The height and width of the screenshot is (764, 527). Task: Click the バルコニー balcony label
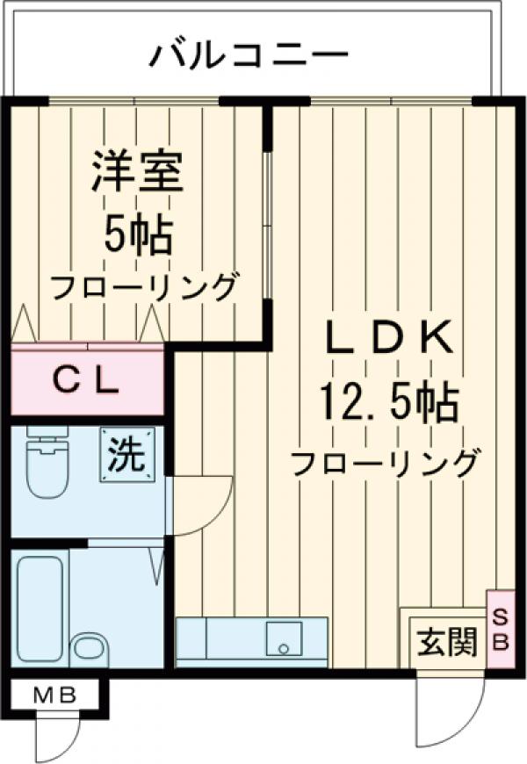coord(249,55)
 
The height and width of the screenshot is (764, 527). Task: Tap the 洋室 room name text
coord(138,171)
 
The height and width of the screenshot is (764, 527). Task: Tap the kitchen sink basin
coord(283,638)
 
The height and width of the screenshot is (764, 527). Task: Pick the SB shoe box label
coord(499,629)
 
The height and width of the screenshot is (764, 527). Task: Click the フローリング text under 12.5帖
coord(387,462)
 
